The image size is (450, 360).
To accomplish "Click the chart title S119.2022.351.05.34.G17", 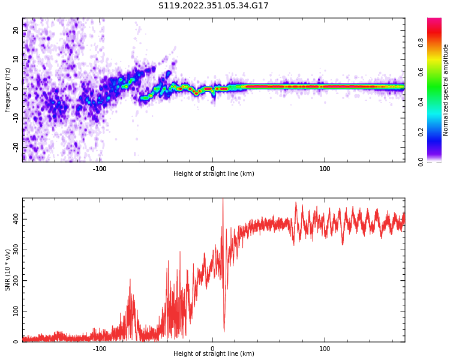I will point(213,6).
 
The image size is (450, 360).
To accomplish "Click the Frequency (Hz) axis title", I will point(8,90).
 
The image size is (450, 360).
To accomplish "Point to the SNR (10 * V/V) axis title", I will point(8,270).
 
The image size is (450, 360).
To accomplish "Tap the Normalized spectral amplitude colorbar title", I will point(446,90).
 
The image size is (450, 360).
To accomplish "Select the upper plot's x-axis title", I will point(213,174).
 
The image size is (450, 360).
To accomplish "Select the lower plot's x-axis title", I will point(213,354).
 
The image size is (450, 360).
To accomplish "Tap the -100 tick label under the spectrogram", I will point(100,169).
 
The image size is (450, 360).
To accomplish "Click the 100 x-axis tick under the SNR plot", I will point(325,349).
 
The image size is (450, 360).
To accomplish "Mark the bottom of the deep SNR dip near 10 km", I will point(224,331).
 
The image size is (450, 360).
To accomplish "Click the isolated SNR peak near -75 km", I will point(130,280).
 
